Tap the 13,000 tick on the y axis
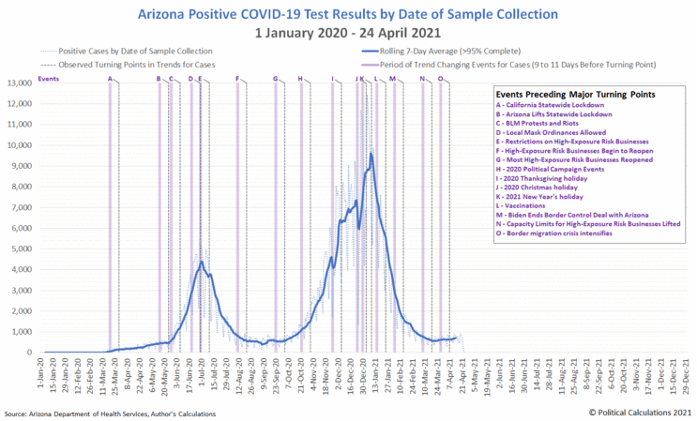point(20,83)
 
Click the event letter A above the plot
point(111,79)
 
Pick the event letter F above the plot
point(237,79)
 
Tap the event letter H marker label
point(300,79)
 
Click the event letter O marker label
point(440,79)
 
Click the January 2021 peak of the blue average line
point(371,154)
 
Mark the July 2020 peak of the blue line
point(200,263)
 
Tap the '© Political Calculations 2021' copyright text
point(640,412)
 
